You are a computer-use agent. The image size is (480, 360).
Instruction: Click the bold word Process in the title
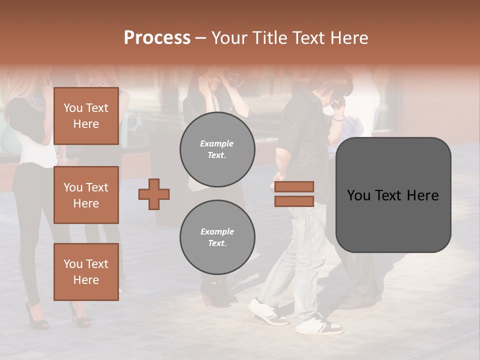157,38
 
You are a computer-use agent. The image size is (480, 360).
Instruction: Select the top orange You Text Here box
86,116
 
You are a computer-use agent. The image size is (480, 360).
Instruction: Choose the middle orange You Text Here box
86,195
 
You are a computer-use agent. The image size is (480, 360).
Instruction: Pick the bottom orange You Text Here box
86,271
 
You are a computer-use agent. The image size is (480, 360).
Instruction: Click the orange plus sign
154,194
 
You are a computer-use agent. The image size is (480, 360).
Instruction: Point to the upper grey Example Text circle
217,149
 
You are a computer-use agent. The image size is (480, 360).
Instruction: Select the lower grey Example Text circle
217,237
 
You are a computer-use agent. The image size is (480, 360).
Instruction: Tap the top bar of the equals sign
294,186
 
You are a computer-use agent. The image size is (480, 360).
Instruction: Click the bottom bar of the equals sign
294,201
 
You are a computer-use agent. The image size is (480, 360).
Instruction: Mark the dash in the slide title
201,38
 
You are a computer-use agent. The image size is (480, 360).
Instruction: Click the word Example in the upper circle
217,143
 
